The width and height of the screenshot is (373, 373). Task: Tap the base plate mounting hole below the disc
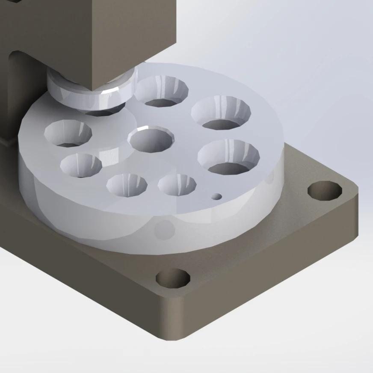[x=173, y=279]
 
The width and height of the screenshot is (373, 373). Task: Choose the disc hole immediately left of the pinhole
[x=177, y=184]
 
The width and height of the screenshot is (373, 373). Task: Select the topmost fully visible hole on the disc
[x=162, y=91]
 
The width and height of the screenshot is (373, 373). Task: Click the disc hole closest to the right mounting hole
[x=229, y=156]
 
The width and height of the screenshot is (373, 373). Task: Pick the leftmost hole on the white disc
[x=68, y=133]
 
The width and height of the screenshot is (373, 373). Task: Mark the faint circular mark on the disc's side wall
[x=165, y=230]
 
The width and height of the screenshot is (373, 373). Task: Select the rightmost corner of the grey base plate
[x=357, y=188]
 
